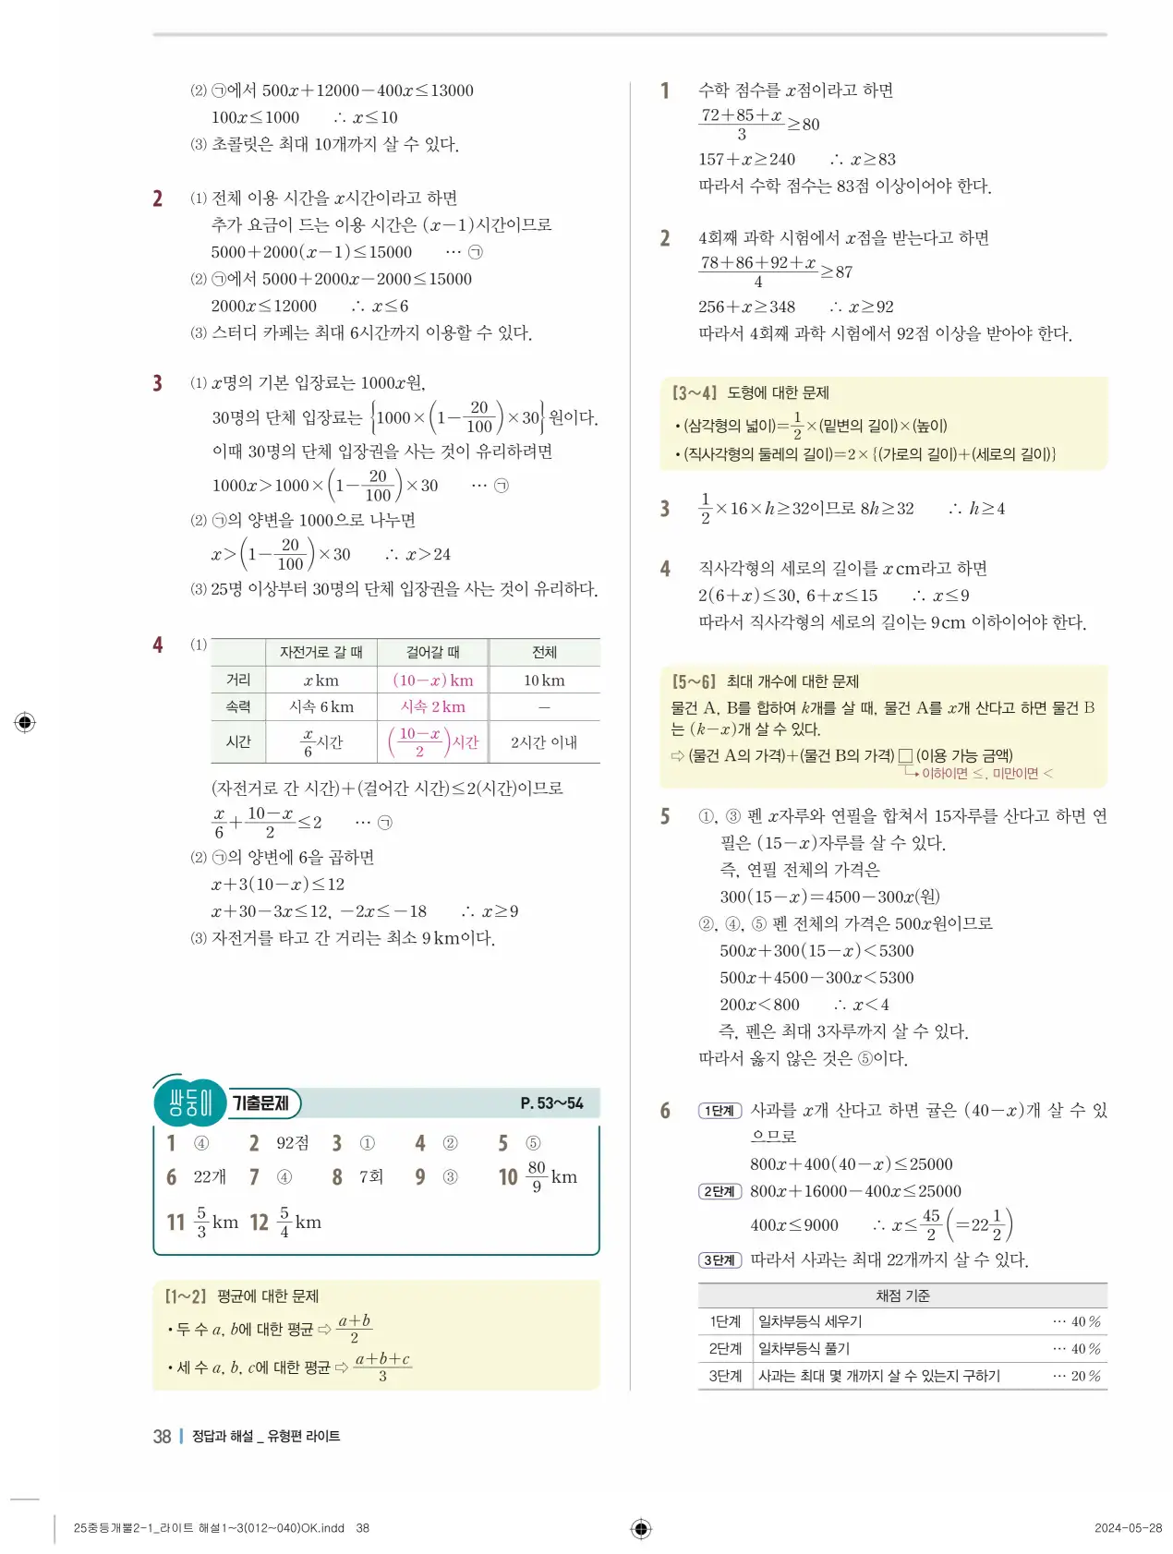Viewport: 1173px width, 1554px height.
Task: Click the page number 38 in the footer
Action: point(162,1436)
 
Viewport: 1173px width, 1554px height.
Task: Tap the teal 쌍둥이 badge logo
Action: point(190,1102)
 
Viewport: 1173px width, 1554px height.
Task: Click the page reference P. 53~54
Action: point(551,1102)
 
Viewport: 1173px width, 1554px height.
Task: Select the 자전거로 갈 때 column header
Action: point(321,652)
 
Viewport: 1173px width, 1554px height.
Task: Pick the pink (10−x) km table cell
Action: point(432,680)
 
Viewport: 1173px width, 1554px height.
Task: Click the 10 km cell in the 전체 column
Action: point(544,680)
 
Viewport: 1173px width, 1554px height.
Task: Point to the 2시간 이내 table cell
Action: point(544,741)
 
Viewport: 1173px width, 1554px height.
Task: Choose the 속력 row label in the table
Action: point(238,706)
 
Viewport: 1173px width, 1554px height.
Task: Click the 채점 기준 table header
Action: point(902,1295)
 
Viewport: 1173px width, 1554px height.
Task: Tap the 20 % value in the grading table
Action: point(1085,1375)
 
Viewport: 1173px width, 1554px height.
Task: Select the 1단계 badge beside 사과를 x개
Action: point(720,1111)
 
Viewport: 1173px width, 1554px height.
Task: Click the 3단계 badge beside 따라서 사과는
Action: point(720,1260)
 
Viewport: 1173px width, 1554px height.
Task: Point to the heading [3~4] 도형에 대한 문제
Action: point(750,392)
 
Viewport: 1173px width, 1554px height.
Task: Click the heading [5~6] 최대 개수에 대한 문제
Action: point(765,681)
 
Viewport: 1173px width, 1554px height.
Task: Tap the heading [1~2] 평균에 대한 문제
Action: point(242,1295)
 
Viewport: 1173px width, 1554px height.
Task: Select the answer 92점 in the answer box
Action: point(292,1143)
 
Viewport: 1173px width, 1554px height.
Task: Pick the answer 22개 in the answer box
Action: point(210,1176)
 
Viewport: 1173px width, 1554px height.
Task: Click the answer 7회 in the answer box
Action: point(370,1176)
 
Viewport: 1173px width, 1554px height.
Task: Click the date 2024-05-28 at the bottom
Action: point(1128,1528)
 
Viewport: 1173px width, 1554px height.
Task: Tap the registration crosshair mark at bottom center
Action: point(641,1528)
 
